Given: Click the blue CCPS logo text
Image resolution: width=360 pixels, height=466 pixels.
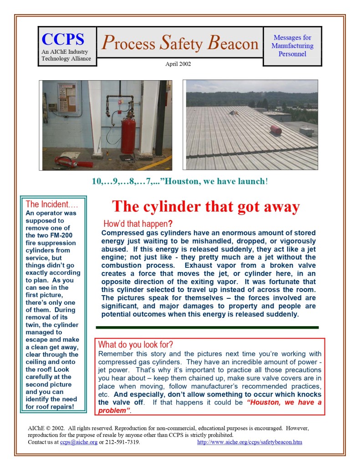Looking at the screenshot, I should [62, 39].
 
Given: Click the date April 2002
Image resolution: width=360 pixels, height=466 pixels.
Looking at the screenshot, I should [178, 64].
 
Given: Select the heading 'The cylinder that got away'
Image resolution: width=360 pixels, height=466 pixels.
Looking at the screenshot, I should [206, 206].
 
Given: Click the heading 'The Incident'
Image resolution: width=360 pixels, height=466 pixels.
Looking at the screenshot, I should [51, 204].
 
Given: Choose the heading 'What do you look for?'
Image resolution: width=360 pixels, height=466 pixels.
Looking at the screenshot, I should [136, 344].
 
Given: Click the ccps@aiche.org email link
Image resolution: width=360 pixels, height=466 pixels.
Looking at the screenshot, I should [78, 442].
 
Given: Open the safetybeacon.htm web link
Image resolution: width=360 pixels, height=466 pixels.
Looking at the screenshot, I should [249, 442].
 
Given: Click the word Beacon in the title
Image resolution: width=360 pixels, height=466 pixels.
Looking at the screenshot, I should [232, 43].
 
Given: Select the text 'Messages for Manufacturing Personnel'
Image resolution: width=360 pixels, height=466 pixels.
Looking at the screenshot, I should [292, 46].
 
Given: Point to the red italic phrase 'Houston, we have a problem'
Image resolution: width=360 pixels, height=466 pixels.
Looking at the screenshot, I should [210, 406].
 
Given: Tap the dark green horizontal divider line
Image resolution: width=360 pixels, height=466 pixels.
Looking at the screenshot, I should [207, 327].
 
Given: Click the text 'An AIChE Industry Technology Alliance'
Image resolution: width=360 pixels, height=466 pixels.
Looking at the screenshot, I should [66, 55].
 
